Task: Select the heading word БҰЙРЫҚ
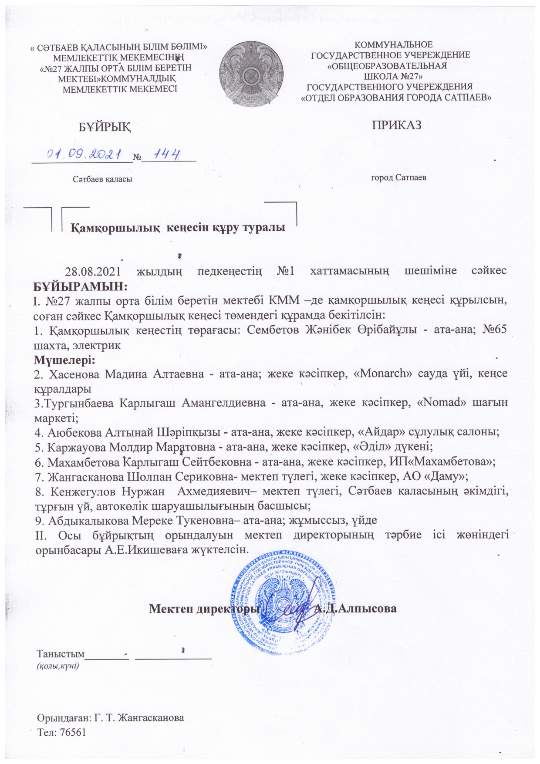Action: coord(105,127)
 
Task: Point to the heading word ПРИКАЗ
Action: coord(397,125)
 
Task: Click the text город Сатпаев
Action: coord(398,178)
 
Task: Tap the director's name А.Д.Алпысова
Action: coord(355,608)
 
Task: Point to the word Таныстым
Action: coord(60,654)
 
